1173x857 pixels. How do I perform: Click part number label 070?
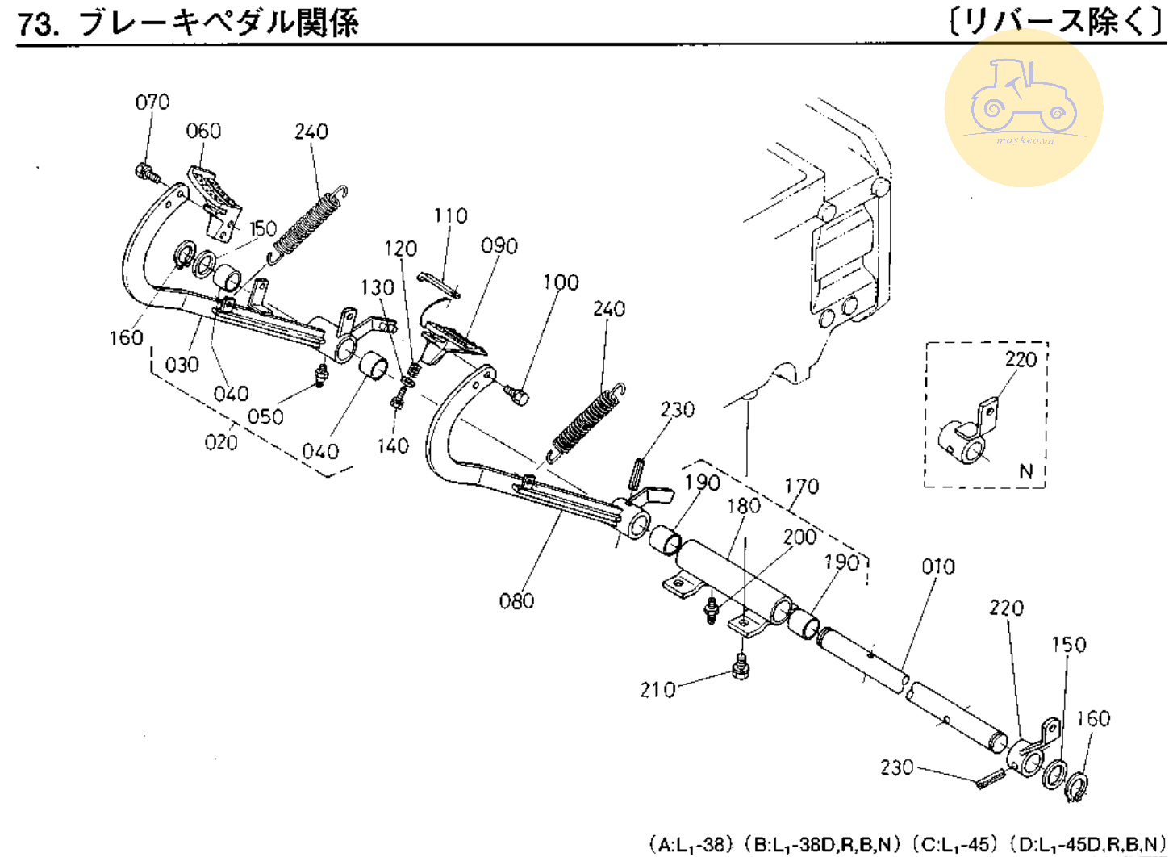click(152, 102)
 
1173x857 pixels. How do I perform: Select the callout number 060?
click(203, 131)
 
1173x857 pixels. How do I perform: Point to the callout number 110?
click(450, 216)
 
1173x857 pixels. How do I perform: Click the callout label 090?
click(499, 246)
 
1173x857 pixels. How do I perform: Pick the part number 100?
click(561, 282)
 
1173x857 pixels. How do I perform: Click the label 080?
click(516, 600)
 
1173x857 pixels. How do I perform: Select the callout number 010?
click(938, 566)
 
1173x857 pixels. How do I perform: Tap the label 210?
click(657, 690)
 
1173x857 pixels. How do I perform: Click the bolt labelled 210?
click(741, 667)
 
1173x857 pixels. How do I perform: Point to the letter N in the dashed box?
click(1025, 471)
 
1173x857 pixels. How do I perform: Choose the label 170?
click(801, 487)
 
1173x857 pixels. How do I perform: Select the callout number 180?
click(743, 506)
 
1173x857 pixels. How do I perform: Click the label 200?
click(799, 537)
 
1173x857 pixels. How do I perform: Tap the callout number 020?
click(221, 442)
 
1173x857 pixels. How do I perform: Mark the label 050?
click(265, 416)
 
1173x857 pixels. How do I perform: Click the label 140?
click(393, 445)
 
